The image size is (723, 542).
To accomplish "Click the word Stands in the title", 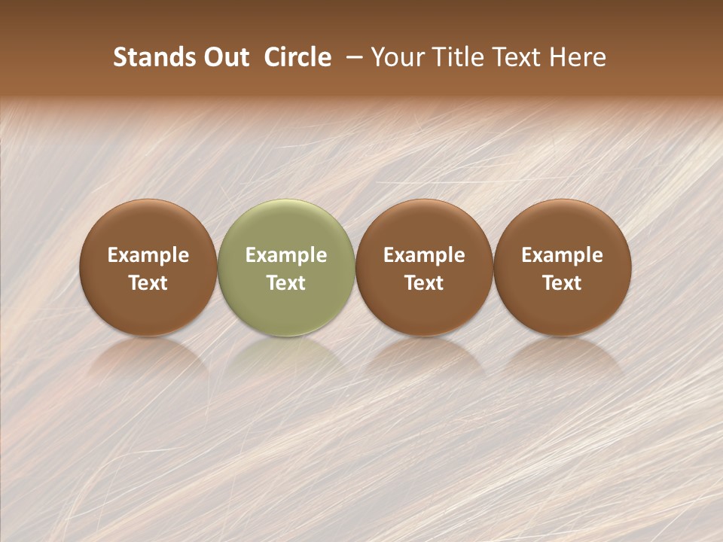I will click(154, 57).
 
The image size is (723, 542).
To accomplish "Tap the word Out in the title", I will click(224, 57).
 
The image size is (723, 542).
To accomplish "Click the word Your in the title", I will click(395, 57).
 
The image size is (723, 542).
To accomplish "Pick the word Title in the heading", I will click(453, 57).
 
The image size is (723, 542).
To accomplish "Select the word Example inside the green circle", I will click(286, 255).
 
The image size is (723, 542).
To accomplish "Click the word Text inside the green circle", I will click(286, 283).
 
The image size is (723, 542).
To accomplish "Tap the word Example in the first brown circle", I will click(148, 255).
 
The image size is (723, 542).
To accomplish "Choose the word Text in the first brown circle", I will click(148, 283).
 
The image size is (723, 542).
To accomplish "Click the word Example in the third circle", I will click(424, 255).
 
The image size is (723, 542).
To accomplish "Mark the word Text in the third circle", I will click(424, 283).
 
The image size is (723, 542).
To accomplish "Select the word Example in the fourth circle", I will click(563, 255).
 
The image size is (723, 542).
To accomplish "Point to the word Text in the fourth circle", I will click(563, 283).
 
